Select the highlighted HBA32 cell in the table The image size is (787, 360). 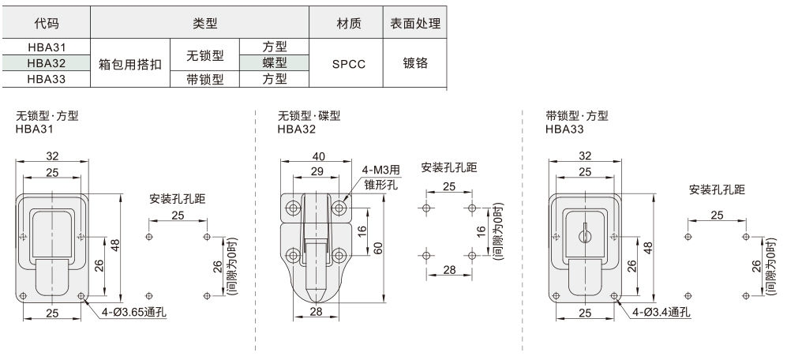(x=46, y=62)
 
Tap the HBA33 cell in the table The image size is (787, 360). (x=46, y=78)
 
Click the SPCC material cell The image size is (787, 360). (x=345, y=63)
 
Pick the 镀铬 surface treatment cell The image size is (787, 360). (x=415, y=63)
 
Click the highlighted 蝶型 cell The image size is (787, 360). (x=274, y=62)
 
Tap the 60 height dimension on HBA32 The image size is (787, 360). (x=379, y=248)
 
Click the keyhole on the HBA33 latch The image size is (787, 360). (x=585, y=234)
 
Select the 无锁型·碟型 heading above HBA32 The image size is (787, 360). (x=309, y=116)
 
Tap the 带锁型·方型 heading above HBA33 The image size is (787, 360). (x=577, y=116)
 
